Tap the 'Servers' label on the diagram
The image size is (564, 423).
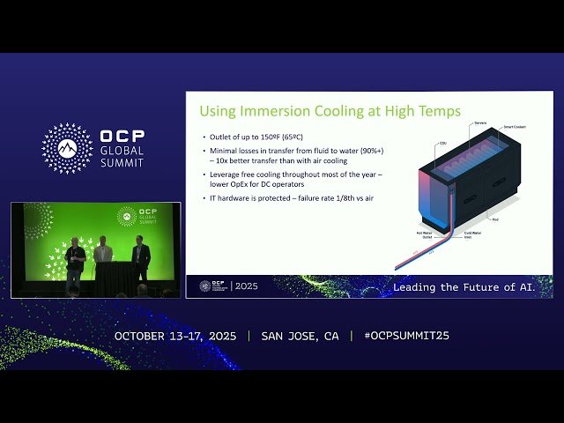pyautogui.click(x=480, y=122)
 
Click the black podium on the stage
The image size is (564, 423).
pyautogui.click(x=112, y=278)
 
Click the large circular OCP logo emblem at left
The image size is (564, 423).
pyautogui.click(x=67, y=148)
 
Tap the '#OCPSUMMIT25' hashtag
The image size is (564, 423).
pyautogui.click(x=399, y=336)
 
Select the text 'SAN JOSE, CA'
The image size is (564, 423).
pyautogui.click(x=300, y=336)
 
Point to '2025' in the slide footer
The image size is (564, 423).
pyautogui.click(x=248, y=287)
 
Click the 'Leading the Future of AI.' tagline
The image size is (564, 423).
pyautogui.click(x=471, y=287)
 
